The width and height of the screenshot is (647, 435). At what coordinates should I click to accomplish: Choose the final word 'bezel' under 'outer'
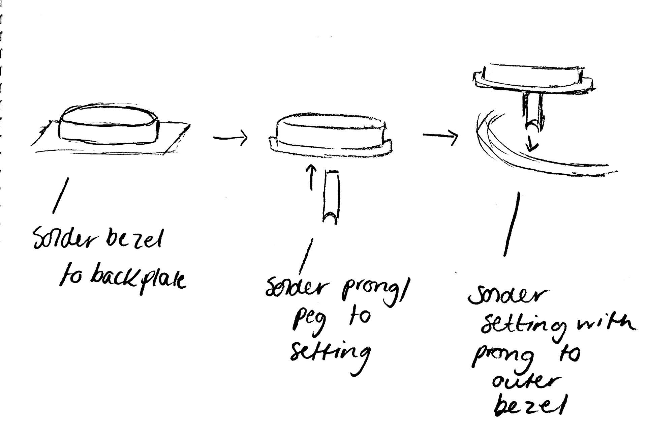[x=528, y=406]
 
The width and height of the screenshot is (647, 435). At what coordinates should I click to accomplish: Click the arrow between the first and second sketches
[x=230, y=137]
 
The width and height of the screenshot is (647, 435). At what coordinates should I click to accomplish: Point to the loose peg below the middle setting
[x=331, y=197]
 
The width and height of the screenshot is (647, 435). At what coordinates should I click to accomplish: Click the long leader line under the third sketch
[x=512, y=224]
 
